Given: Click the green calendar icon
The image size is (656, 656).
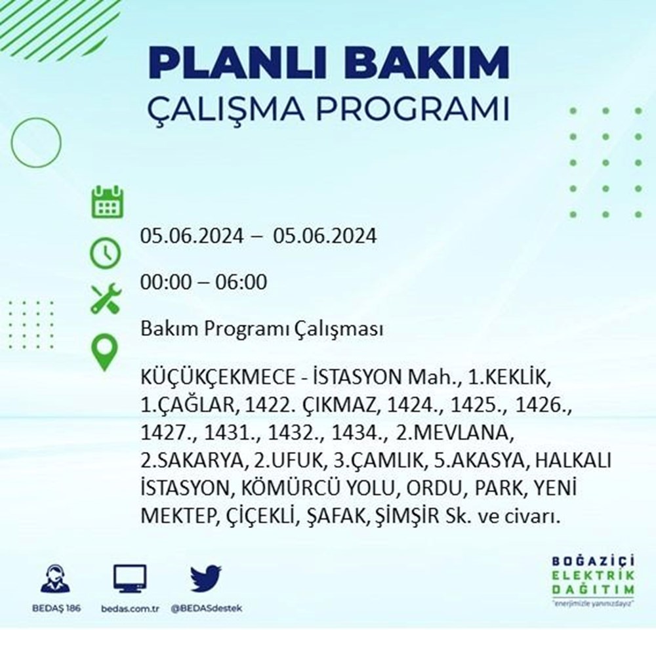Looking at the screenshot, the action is pyautogui.click(x=108, y=202).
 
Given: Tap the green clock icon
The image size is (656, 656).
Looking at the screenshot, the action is pyautogui.click(x=106, y=253).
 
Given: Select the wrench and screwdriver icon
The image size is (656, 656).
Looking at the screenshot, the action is pyautogui.click(x=106, y=298).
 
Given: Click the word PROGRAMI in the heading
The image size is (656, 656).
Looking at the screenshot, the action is pyautogui.click(x=413, y=109).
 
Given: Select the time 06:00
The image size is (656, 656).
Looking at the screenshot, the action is pyautogui.click(x=241, y=281).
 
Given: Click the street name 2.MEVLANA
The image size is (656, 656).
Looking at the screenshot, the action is pyautogui.click(x=455, y=433).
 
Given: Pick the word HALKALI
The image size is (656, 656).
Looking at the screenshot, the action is pyautogui.click(x=573, y=461).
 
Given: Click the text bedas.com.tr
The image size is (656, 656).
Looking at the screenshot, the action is pyautogui.click(x=130, y=608).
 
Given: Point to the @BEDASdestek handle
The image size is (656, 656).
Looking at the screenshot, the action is pyautogui.click(x=206, y=608).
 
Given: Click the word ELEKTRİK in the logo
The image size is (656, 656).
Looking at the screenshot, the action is pyautogui.click(x=593, y=576).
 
